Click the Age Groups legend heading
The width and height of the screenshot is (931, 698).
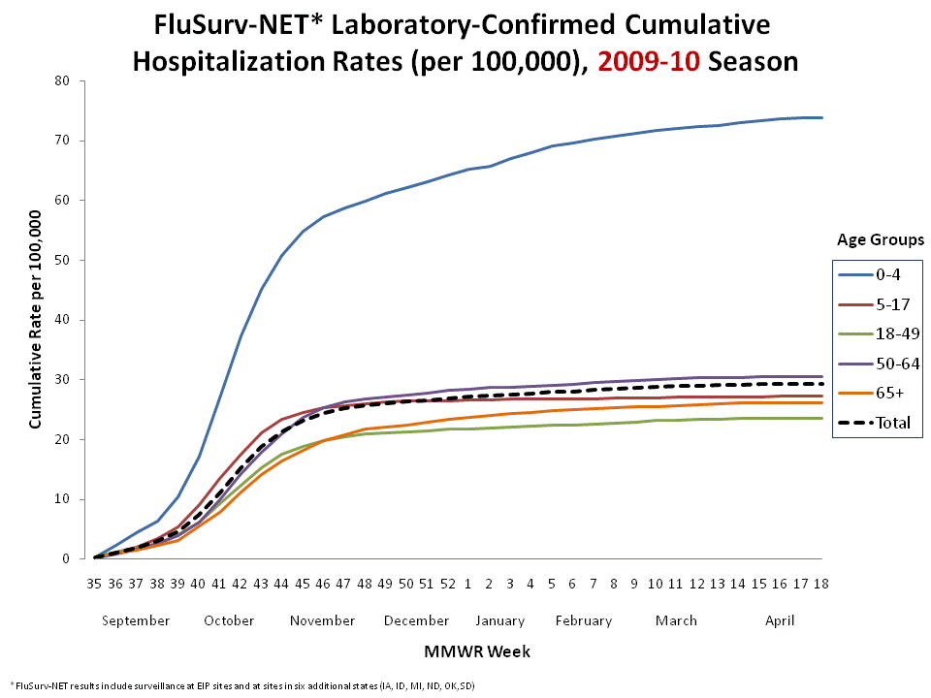pyautogui.click(x=881, y=239)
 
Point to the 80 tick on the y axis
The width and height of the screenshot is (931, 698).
pyautogui.click(x=62, y=80)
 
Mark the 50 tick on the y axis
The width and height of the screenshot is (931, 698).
pyautogui.click(x=62, y=260)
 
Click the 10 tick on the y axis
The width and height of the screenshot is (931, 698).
pyautogui.click(x=62, y=499)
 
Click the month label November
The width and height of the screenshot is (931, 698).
pyautogui.click(x=323, y=620)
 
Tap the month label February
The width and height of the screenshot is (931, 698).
pyautogui.click(x=584, y=620)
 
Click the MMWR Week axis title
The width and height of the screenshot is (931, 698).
pyautogui.click(x=458, y=650)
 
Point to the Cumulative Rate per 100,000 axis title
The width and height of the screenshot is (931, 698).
pyautogui.click(x=36, y=321)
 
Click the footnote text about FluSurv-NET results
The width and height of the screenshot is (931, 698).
pyautogui.click(x=242, y=685)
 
